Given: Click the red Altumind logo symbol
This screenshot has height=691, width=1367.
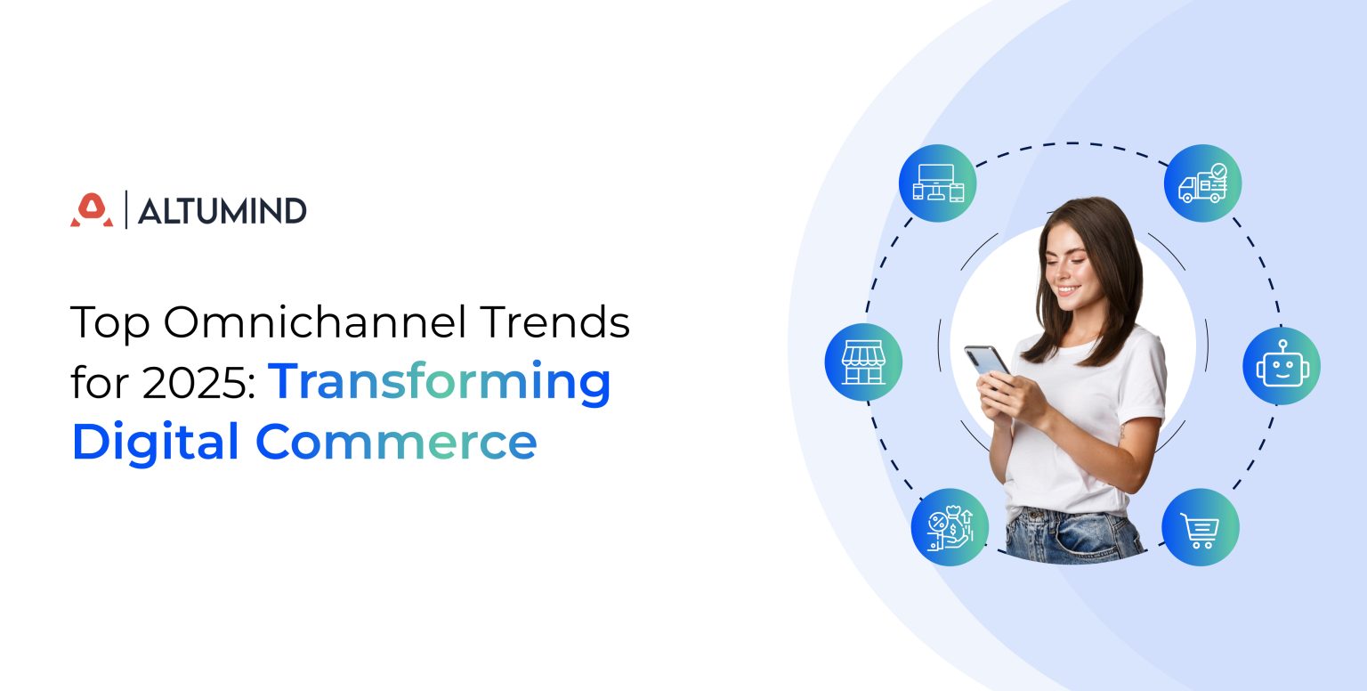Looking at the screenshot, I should [x=92, y=210].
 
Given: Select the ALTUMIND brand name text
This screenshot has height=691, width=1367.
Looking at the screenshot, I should [x=222, y=211].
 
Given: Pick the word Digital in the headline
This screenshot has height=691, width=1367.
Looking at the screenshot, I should [x=156, y=442].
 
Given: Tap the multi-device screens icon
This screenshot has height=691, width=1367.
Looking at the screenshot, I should [x=937, y=183].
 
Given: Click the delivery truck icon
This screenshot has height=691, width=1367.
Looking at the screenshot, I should [x=1202, y=183].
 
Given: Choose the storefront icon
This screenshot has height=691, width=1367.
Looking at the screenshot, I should [x=863, y=362].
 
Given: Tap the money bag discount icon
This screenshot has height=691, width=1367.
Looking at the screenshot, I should [x=950, y=527].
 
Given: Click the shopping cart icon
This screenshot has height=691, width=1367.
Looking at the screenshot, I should [x=1201, y=527].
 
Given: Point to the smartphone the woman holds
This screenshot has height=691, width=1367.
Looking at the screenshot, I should [x=986, y=361].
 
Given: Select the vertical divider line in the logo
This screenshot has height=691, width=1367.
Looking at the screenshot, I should [x=126, y=210].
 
